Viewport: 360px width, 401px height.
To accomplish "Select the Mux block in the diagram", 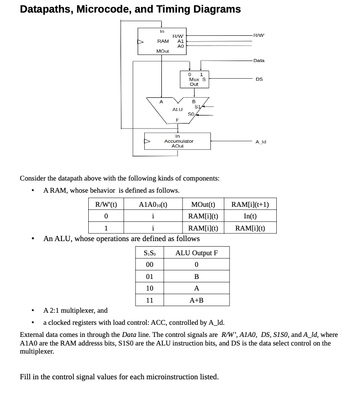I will point(194,79).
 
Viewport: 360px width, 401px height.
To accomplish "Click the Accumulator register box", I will point(178,141).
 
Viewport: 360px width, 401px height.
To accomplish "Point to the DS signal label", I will point(259,79).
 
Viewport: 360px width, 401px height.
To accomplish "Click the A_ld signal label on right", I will point(260,142).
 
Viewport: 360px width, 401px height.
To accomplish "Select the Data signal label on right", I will point(259,61).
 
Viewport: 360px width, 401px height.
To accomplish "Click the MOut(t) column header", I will point(203,204).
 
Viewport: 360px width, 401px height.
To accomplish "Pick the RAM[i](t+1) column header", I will point(250,204).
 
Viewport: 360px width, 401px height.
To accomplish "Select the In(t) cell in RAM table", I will point(250,216).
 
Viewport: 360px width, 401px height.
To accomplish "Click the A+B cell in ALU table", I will point(196,300).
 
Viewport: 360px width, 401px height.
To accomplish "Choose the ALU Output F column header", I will point(196,253).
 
